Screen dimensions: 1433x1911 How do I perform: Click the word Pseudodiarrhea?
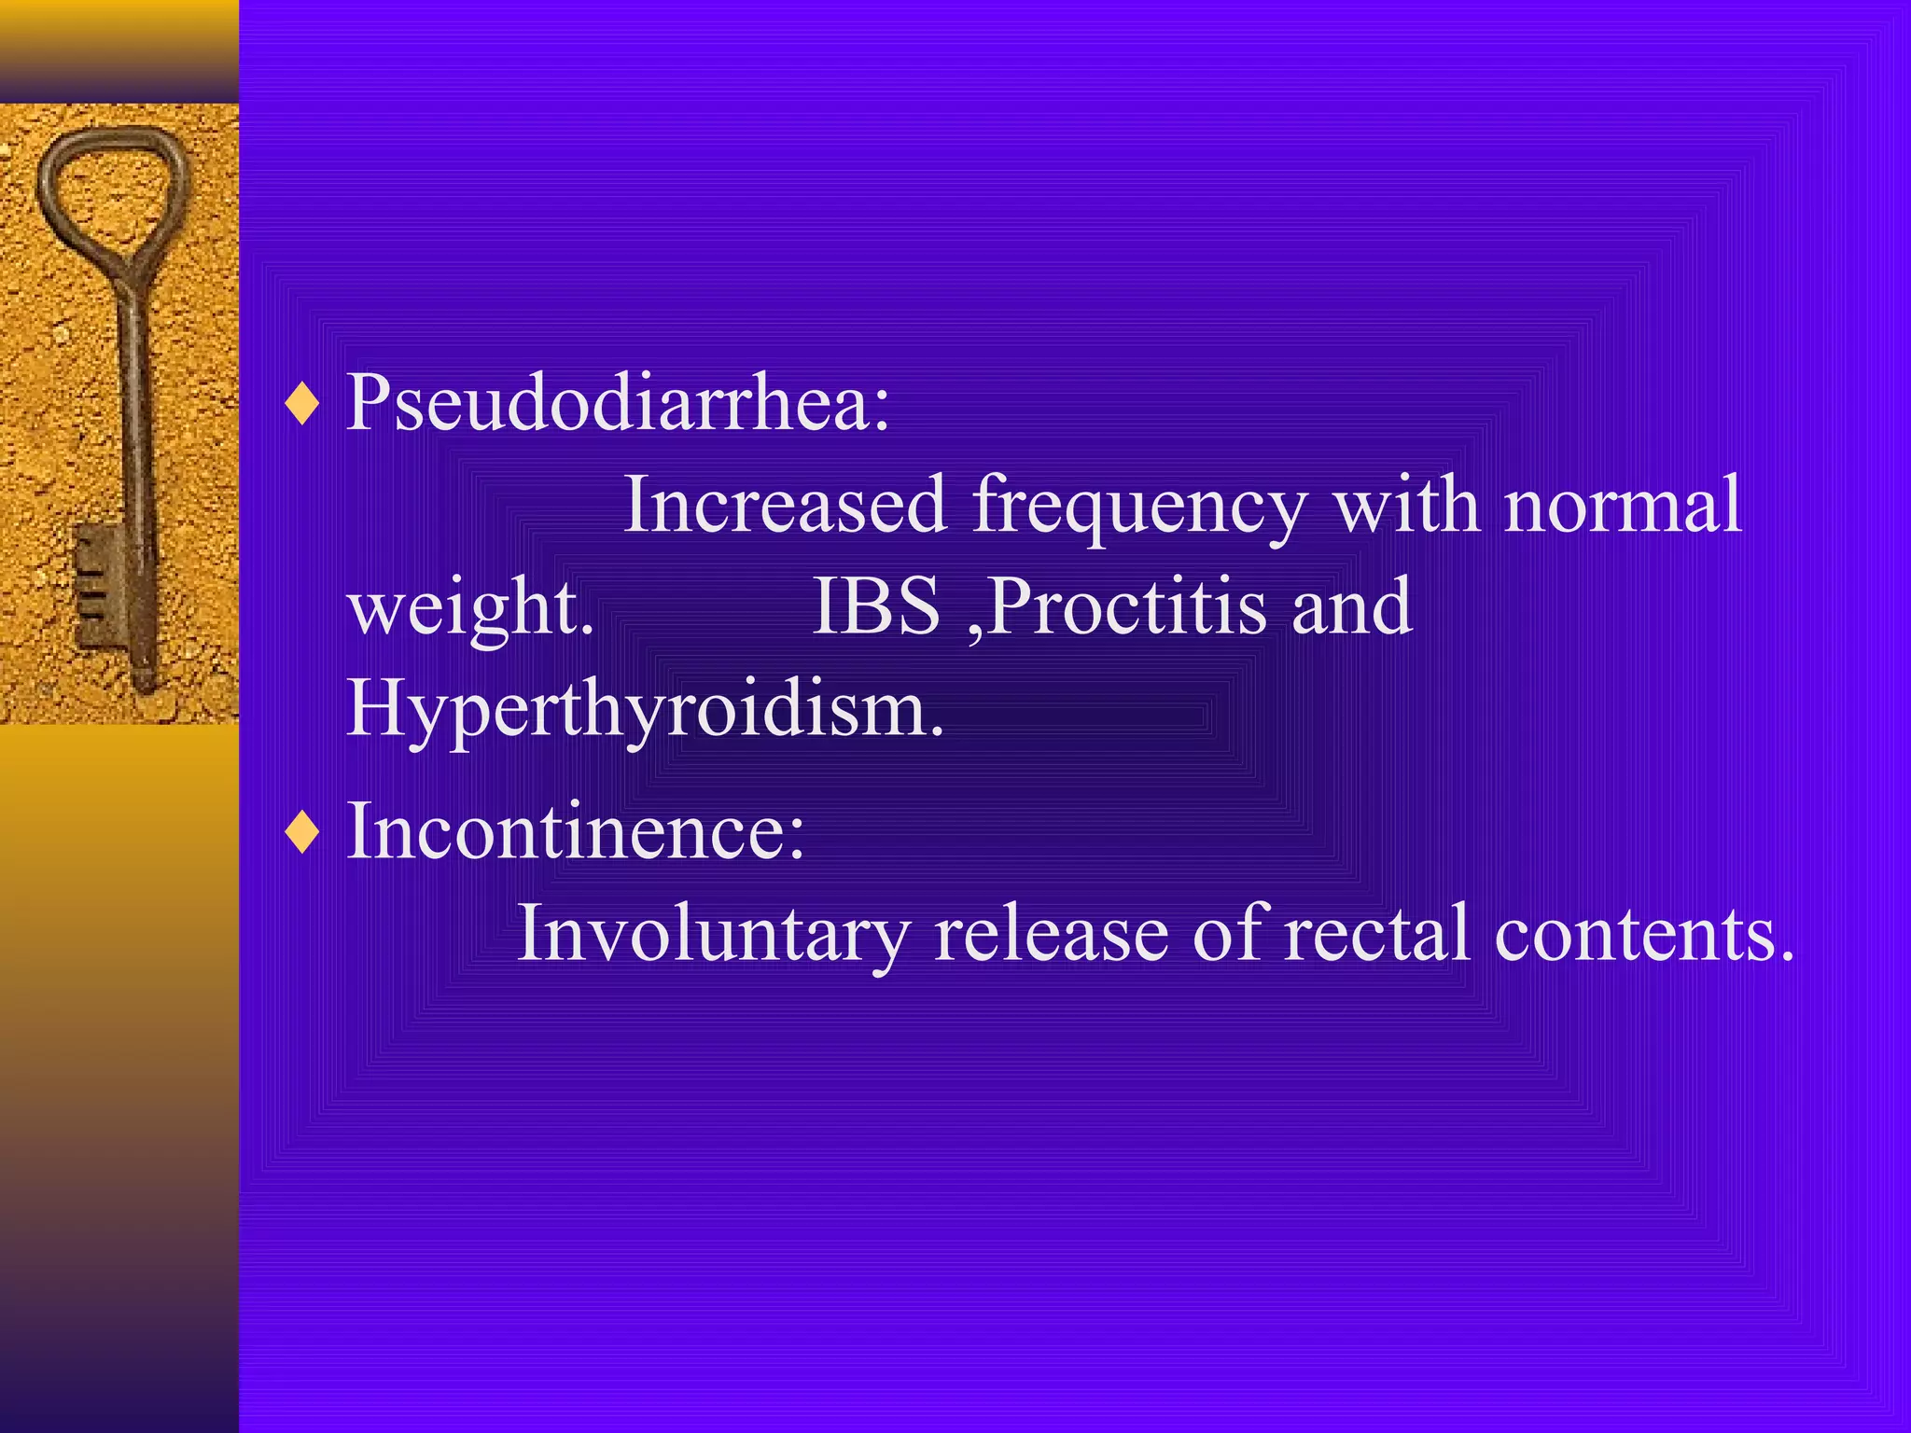click(x=618, y=403)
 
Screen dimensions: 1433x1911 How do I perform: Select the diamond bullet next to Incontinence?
click(x=303, y=832)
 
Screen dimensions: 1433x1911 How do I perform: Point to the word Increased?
click(x=785, y=505)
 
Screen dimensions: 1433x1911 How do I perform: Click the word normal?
click(x=1623, y=505)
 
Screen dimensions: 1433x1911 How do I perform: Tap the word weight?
click(x=470, y=609)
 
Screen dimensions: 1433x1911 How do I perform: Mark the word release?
click(x=1051, y=933)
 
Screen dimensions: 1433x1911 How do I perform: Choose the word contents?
click(x=1643, y=933)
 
